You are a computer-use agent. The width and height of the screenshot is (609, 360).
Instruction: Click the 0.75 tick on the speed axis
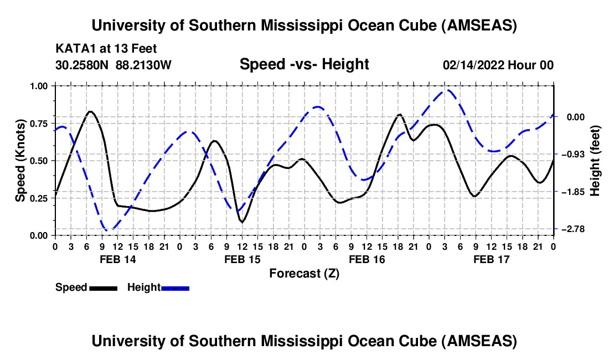coord(40,123)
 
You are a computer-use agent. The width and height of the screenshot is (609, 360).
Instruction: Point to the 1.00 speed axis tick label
coord(40,86)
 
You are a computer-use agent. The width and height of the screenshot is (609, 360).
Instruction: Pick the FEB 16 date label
coord(367,259)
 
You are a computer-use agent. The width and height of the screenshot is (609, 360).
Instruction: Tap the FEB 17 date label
coord(492,259)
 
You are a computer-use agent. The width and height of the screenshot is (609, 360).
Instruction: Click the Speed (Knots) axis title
coord(20,161)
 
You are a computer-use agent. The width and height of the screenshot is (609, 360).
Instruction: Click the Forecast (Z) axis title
coord(304,273)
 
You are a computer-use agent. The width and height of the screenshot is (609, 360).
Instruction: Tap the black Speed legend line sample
coord(103,287)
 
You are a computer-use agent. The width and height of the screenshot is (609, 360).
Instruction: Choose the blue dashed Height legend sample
coord(176,287)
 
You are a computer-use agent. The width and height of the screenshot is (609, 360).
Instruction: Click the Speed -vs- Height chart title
coord(304,64)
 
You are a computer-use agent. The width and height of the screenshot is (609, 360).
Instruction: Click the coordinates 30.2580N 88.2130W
coord(113,65)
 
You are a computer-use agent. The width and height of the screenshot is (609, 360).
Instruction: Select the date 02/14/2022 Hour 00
coord(498,65)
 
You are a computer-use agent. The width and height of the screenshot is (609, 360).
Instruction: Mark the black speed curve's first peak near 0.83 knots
coord(90,111)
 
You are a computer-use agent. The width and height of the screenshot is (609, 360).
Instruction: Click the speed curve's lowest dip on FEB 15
coord(241,222)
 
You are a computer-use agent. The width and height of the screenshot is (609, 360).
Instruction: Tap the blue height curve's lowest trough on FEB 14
coord(109,229)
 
